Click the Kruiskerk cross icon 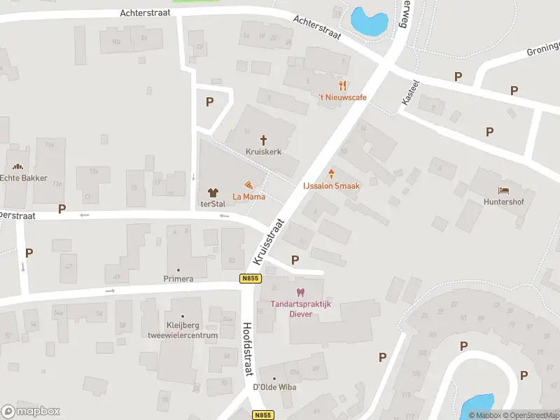264,140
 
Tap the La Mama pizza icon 249,185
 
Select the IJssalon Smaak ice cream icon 331,174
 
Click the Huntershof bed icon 503,190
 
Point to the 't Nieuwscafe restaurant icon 342,85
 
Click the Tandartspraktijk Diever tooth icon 301,292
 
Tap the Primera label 178,279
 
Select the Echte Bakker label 23,178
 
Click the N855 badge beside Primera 249,279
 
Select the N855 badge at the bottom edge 262,415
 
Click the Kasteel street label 410,92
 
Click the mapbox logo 31,412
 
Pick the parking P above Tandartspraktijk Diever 295,260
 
